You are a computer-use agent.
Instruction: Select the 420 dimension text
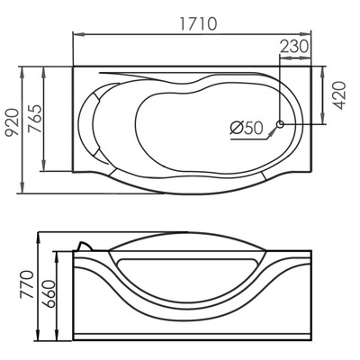coord(339,93)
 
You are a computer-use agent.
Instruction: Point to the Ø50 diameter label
coord(245,129)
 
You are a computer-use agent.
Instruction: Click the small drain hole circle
coord(281,124)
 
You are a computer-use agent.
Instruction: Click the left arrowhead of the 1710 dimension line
coord(75,35)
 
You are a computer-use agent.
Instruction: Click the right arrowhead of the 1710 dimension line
coord(310,35)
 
